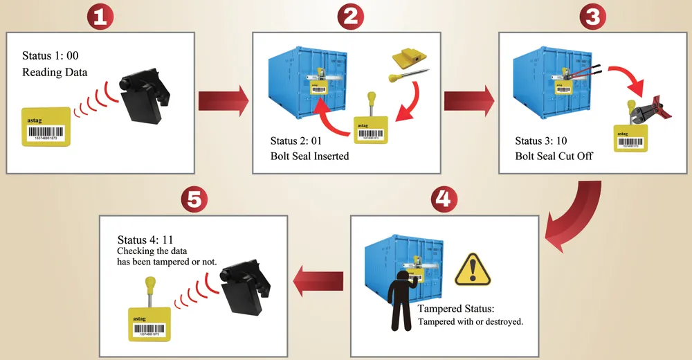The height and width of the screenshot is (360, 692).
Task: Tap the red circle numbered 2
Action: [x=350, y=17]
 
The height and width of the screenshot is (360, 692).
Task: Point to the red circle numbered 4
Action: [x=444, y=199]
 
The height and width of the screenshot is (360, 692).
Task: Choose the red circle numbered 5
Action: [x=194, y=199]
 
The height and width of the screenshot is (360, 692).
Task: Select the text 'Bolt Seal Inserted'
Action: [x=309, y=156]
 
